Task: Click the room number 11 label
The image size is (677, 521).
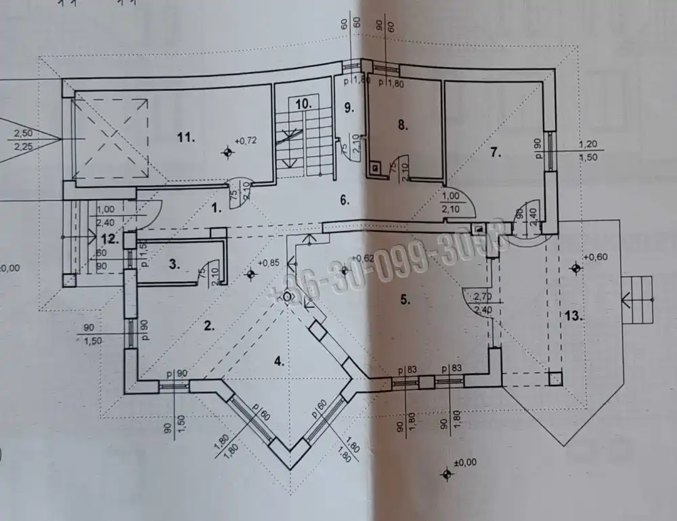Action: click(x=186, y=138)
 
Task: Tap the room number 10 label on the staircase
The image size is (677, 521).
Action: click(x=303, y=104)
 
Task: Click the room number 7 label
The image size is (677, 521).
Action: click(x=496, y=153)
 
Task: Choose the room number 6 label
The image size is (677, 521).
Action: click(x=343, y=200)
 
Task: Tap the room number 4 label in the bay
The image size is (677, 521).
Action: click(x=278, y=360)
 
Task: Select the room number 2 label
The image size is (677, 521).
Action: click(x=209, y=325)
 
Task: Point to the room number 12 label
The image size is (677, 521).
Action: click(x=110, y=238)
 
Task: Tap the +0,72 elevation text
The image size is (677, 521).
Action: click(x=246, y=141)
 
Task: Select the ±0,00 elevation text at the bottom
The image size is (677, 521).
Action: click(x=466, y=463)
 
